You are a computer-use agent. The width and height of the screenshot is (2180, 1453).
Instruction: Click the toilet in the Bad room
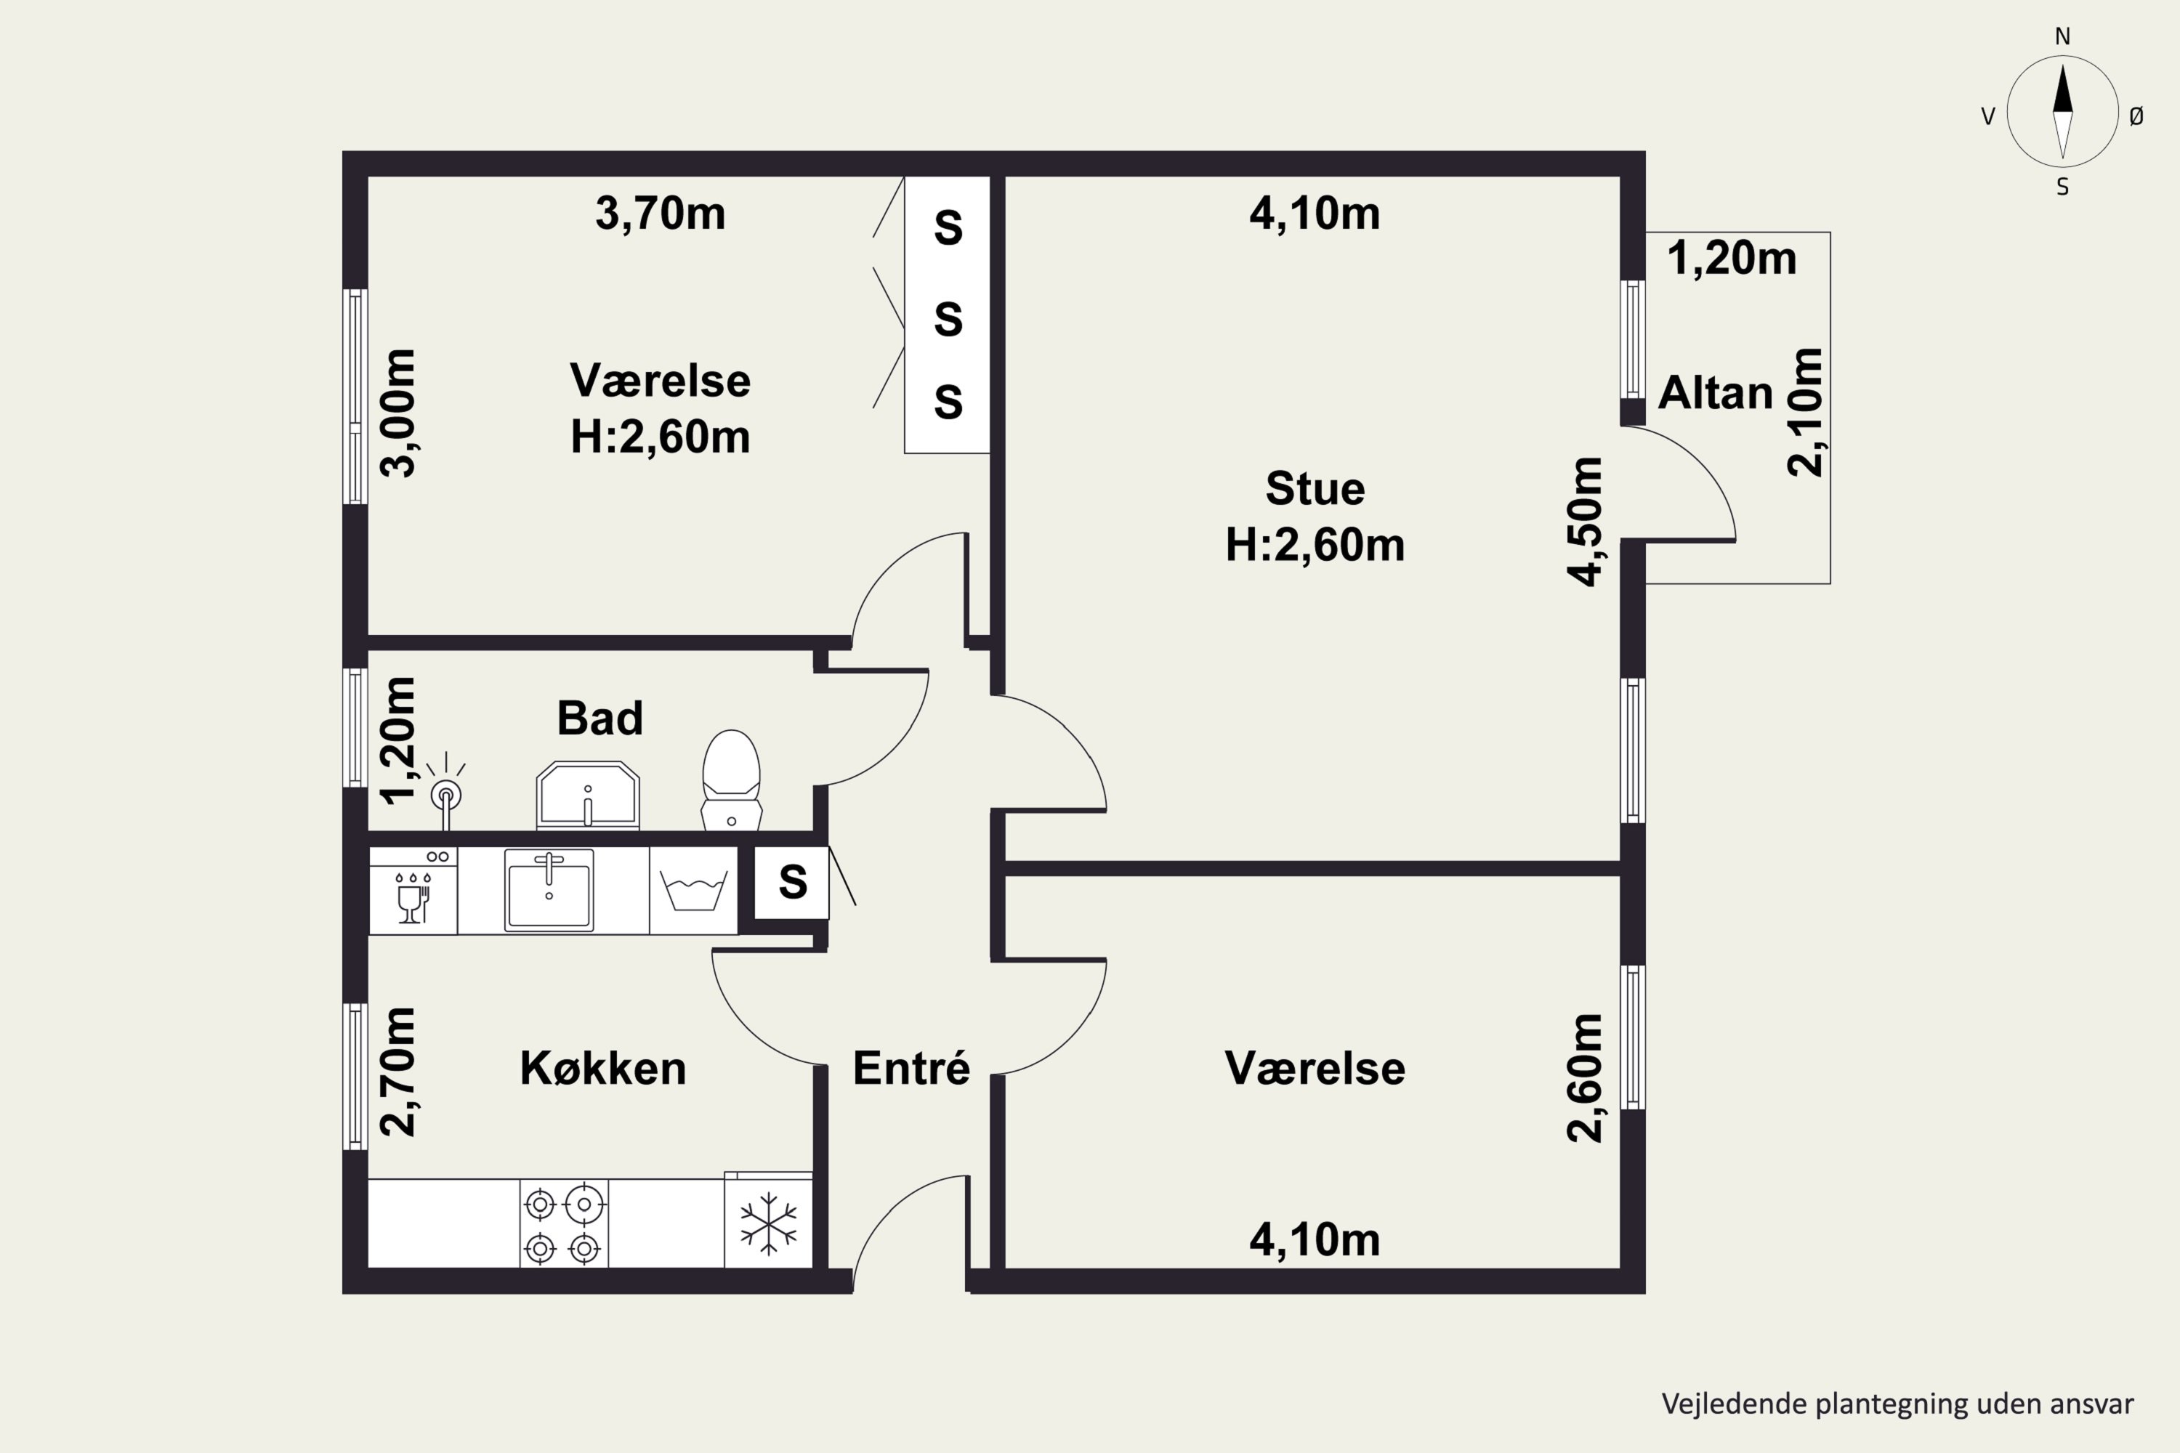(731, 780)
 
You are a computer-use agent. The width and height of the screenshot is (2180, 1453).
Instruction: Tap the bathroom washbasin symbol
(588, 795)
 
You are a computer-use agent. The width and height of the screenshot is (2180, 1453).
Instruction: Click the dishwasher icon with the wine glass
(413, 891)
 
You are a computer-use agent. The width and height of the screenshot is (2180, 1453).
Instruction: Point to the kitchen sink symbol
(549, 889)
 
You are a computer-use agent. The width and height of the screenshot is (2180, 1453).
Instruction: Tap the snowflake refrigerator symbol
(768, 1221)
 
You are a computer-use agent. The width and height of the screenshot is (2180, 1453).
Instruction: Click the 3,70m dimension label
(660, 213)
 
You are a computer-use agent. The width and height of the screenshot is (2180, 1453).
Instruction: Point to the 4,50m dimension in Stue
(1584, 521)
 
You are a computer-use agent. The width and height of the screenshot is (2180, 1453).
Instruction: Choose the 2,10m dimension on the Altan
(1804, 413)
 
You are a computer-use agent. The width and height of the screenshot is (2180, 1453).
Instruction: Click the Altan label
(1715, 393)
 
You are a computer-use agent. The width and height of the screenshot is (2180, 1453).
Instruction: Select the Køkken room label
(603, 1069)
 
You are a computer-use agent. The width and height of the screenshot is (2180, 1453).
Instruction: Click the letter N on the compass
(2062, 36)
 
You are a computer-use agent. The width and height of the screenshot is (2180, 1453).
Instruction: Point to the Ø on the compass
(2136, 116)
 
